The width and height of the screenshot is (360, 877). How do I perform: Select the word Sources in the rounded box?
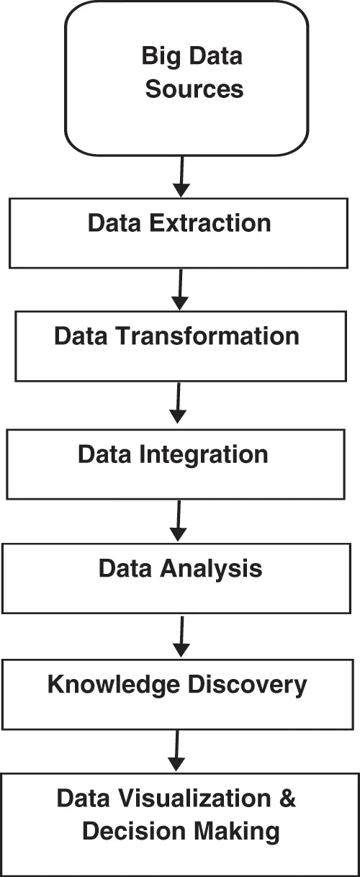pyautogui.click(x=194, y=90)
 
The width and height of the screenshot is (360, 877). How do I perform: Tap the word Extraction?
pyautogui.click(x=212, y=223)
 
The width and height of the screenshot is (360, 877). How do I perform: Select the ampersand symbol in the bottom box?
pyautogui.click(x=287, y=799)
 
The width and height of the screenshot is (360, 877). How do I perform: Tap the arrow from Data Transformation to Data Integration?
pyautogui.click(x=178, y=404)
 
